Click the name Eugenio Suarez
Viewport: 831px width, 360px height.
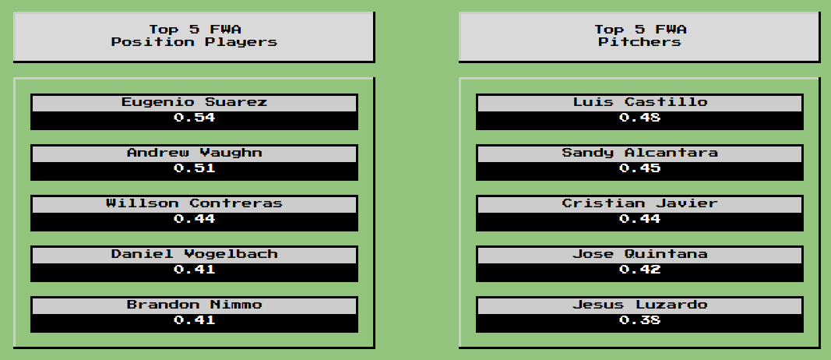click(x=194, y=102)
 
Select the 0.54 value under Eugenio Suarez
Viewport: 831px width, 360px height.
click(x=194, y=118)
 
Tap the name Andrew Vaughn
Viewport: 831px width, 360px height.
click(x=194, y=153)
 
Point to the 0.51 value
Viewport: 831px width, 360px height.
click(x=194, y=168)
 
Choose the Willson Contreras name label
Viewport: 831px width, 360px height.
click(x=194, y=203)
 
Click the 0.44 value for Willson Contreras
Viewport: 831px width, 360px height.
click(x=194, y=219)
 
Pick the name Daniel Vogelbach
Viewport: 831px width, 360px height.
click(x=194, y=254)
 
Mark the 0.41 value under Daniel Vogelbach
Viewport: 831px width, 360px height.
click(x=194, y=270)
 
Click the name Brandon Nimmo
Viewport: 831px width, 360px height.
click(x=194, y=305)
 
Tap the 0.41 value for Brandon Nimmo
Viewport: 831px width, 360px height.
click(x=194, y=320)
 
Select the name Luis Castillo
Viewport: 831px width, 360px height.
click(x=639, y=102)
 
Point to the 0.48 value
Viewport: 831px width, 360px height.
click(x=639, y=118)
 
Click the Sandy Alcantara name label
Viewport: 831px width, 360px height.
click(x=639, y=153)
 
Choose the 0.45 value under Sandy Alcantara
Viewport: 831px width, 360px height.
click(x=639, y=168)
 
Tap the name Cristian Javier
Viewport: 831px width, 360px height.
click(x=639, y=203)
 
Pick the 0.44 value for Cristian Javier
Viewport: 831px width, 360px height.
click(x=639, y=219)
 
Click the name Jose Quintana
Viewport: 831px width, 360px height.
click(x=639, y=254)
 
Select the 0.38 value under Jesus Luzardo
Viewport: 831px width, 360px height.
click(x=639, y=320)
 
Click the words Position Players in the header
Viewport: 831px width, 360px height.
click(x=194, y=42)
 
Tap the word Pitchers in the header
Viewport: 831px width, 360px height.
click(x=639, y=42)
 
